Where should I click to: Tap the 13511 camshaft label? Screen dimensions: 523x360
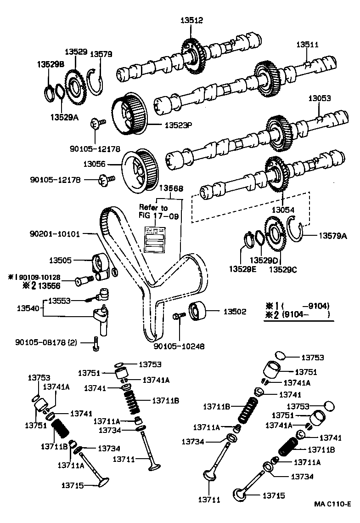click(x=307, y=45)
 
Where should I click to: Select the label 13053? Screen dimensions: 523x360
click(x=319, y=98)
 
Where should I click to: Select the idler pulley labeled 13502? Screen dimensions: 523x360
click(x=197, y=312)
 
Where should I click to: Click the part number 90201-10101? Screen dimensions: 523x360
click(x=54, y=234)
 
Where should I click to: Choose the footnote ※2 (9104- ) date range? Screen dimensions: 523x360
click(x=298, y=315)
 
